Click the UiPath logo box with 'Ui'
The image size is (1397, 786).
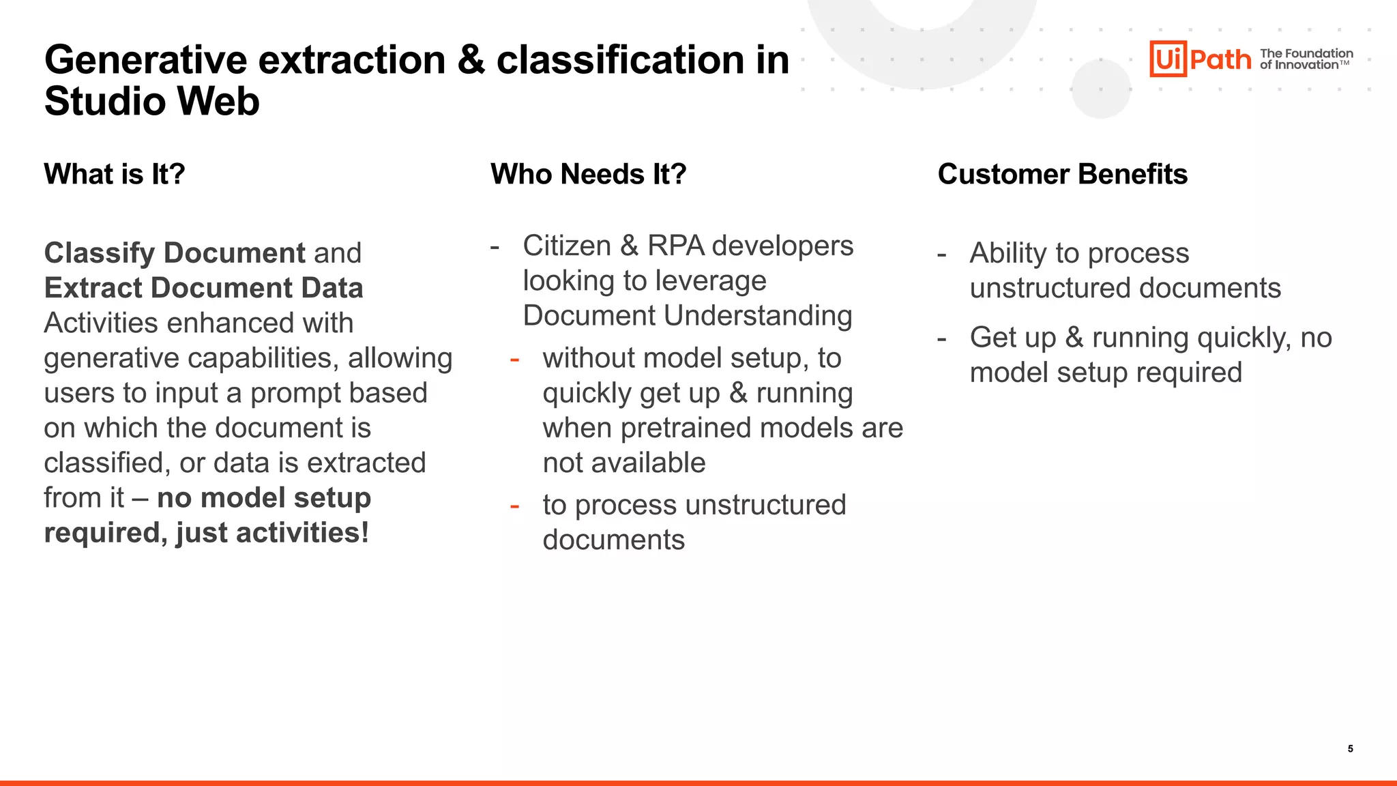pos(1168,59)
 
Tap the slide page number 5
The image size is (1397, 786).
pos(1350,748)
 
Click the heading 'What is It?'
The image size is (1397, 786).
pos(115,174)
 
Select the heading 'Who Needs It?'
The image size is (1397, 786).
pos(588,174)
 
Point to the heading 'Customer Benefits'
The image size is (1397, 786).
pos(1062,174)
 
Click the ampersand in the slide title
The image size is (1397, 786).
pos(471,60)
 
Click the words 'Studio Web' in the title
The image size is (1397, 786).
pos(151,102)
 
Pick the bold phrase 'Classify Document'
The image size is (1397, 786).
pos(175,253)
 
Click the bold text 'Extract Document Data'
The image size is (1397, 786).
pos(203,288)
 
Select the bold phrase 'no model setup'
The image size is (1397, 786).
pos(264,497)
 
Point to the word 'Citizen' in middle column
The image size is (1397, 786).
pos(566,246)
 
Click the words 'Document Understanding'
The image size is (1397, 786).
pos(687,316)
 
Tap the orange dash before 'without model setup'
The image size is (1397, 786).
pos(515,360)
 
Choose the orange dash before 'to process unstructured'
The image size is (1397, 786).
pos(515,506)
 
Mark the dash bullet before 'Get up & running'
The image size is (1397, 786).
pos(942,338)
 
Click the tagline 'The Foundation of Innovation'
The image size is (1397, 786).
pos(1306,59)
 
